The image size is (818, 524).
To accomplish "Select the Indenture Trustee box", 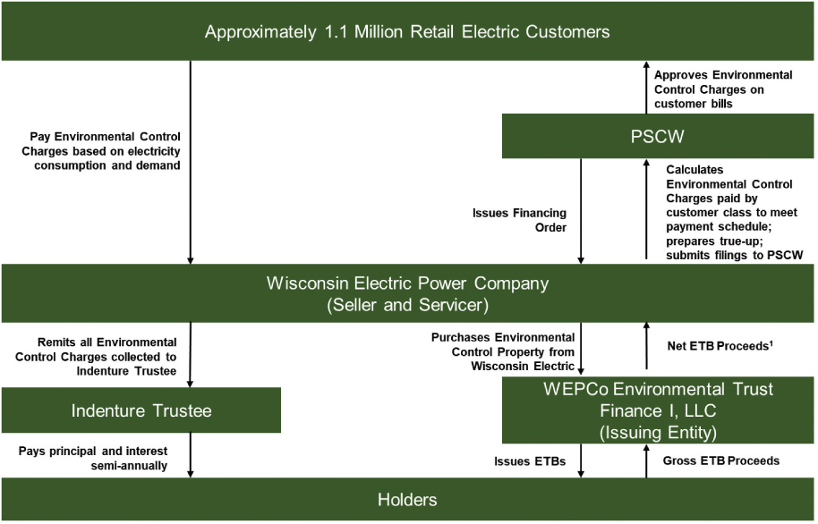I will [141, 410].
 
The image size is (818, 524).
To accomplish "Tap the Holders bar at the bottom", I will [408, 500].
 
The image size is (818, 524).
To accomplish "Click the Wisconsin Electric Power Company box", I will [408, 293].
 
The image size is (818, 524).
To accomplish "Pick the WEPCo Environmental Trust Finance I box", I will [659, 410].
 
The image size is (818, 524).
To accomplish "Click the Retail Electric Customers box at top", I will [408, 32].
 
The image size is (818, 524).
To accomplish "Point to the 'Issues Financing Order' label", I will [533, 220].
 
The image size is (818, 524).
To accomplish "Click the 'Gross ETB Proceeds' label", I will [720, 461].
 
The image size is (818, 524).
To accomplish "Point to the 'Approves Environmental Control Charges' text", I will [723, 89].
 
